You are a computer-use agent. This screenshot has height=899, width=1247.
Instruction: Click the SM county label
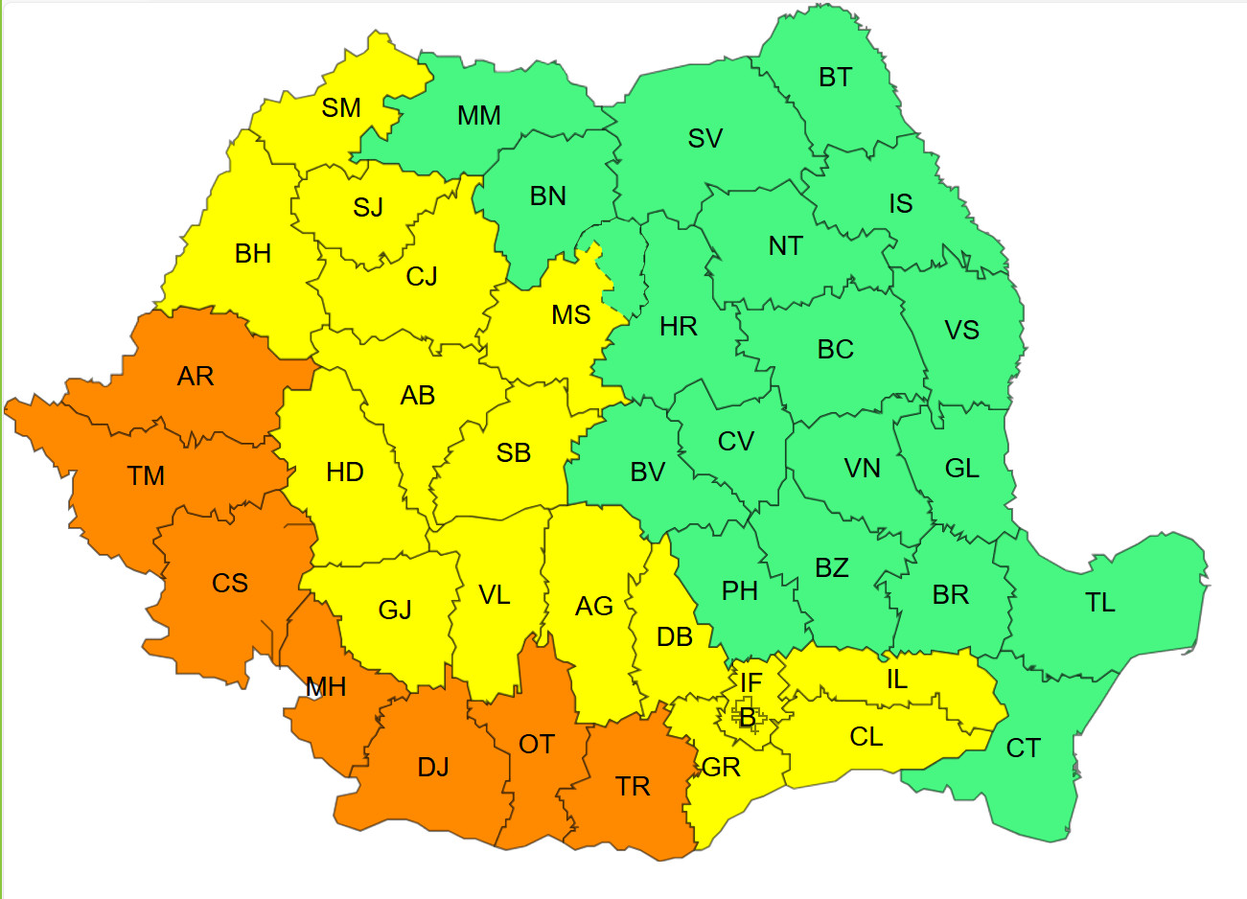point(341,108)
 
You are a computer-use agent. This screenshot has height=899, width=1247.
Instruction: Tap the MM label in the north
point(479,116)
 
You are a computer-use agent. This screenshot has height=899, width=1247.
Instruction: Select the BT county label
point(835,78)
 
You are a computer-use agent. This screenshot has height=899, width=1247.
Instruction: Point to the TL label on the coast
point(1100,603)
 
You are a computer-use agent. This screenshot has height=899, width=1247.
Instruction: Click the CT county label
point(1023,749)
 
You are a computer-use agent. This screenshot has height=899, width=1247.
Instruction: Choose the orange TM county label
point(146,476)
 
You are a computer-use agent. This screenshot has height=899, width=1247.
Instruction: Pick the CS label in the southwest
point(230,584)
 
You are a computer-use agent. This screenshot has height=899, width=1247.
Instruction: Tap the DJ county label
point(433,768)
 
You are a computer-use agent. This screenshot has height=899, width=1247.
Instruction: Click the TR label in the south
point(633,787)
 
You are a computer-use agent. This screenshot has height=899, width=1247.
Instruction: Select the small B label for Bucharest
point(747,718)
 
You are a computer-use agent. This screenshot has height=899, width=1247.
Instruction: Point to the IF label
point(751,683)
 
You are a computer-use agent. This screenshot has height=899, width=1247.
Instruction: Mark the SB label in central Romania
point(514,453)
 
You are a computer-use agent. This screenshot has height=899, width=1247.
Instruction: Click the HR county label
point(679,327)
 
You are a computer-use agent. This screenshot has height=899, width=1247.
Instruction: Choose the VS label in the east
point(961,331)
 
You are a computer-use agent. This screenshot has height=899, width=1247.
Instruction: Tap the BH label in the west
point(253,254)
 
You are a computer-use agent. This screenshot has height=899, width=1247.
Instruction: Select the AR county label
point(196,377)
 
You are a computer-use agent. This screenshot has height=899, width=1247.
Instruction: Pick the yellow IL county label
point(896,680)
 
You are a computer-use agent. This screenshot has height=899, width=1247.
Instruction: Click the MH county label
point(326,687)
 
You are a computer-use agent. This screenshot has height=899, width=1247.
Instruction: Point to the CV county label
point(736,442)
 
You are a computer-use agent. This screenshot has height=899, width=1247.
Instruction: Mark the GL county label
point(961,469)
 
